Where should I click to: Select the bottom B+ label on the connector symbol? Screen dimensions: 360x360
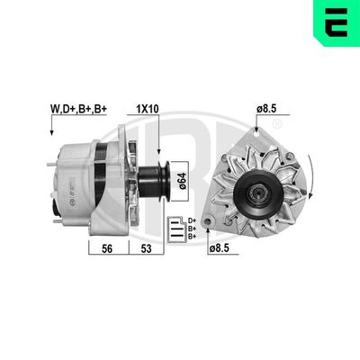[x=203, y=237]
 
